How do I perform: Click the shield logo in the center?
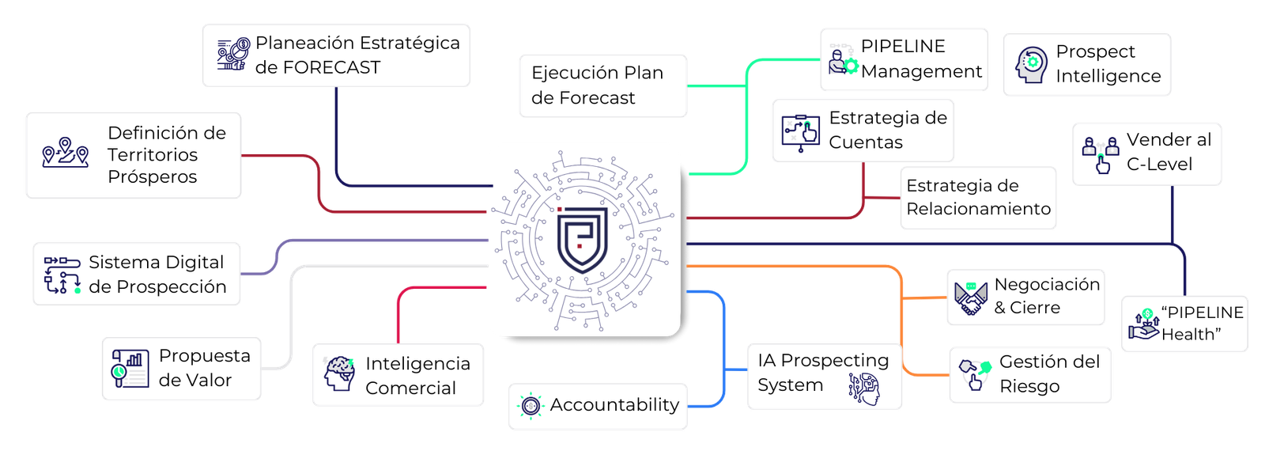(x=583, y=240)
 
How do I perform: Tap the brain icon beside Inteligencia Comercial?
(x=339, y=374)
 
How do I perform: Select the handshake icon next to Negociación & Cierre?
(x=970, y=298)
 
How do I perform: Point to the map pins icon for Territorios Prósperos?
(x=65, y=153)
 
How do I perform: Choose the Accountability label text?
(x=614, y=405)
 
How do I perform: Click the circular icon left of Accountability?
(x=531, y=406)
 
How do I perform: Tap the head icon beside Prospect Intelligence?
(x=1031, y=65)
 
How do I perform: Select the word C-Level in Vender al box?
(x=1158, y=165)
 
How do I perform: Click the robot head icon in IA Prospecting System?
(x=864, y=389)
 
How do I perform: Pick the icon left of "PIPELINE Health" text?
(x=1143, y=324)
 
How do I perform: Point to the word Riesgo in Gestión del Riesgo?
(x=1029, y=386)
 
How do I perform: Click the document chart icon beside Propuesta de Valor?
(x=130, y=369)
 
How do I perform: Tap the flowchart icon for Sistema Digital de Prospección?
(x=62, y=275)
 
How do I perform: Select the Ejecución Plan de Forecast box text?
(x=597, y=85)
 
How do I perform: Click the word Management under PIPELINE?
(x=921, y=72)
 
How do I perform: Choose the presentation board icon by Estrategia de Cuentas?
(x=800, y=131)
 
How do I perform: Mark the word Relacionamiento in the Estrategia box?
(x=978, y=209)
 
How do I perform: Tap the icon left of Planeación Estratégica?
(x=233, y=55)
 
